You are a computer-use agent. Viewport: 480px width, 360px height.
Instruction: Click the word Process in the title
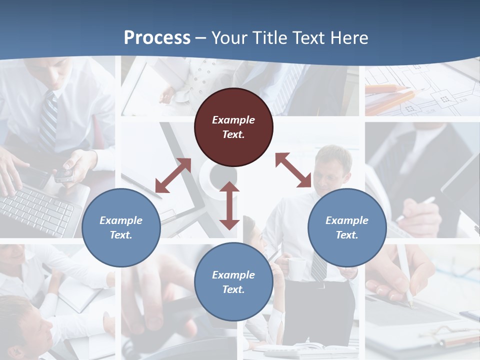pos(157,38)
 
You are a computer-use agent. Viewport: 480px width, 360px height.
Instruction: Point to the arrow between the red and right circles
pos(293,170)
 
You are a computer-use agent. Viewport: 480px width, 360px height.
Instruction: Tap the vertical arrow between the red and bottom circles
pos(229,205)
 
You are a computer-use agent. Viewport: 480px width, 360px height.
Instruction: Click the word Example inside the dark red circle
pos(233,120)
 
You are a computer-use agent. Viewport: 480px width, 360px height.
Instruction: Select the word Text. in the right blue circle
pos(347,235)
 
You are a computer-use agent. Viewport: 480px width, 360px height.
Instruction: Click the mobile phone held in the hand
pos(64,174)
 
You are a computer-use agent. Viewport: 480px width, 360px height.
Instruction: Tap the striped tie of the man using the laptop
pos(48,120)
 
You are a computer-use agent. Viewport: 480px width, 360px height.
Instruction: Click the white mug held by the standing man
pos(296,269)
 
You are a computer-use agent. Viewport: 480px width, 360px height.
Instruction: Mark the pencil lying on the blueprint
pos(387,89)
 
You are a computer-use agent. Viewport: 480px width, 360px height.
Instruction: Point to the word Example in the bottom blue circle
pos(233,275)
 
